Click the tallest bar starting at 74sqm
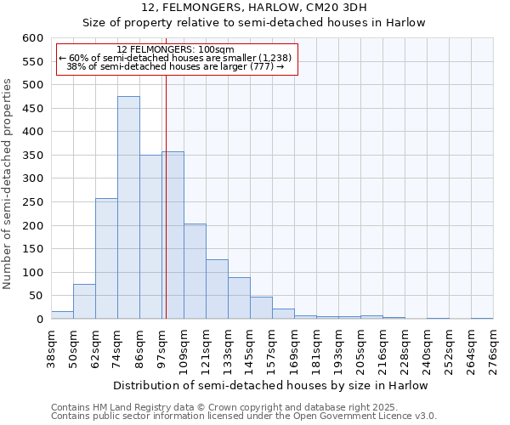pyautogui.click(x=128, y=208)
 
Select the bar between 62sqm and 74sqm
pyautogui.click(x=106, y=259)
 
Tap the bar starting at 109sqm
pyautogui.click(x=195, y=272)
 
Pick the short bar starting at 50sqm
pyautogui.click(x=84, y=302)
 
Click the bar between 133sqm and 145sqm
pyautogui.click(x=239, y=298)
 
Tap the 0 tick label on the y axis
pyautogui.click(x=39, y=320)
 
